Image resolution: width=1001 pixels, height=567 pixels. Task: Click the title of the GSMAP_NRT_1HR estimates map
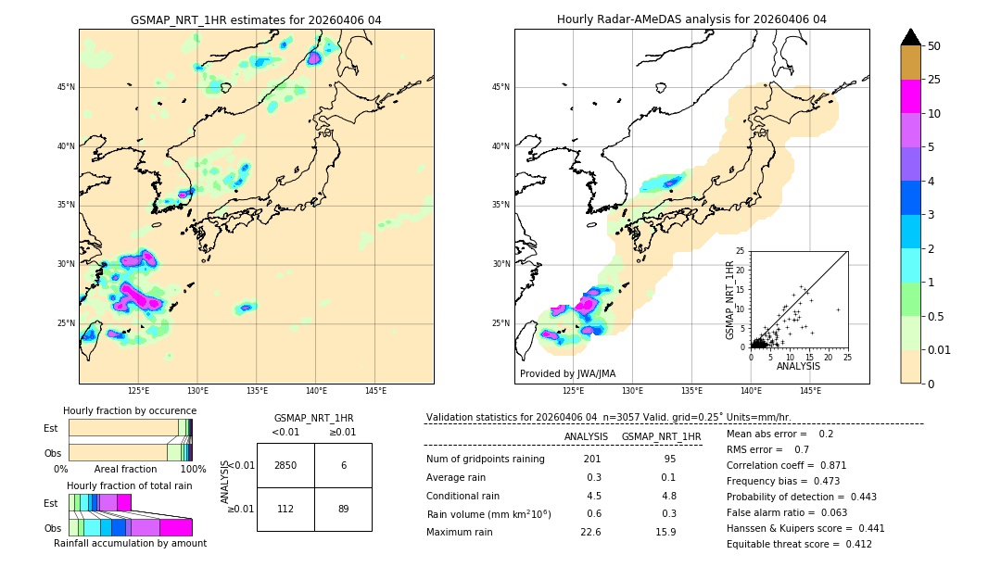coord(256,19)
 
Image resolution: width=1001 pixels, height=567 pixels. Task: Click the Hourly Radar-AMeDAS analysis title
coord(691,19)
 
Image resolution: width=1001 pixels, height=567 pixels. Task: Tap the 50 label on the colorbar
coord(934,46)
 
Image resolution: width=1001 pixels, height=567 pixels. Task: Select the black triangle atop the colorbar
coord(911,37)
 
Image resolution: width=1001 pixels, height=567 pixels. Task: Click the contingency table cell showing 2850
coord(285,465)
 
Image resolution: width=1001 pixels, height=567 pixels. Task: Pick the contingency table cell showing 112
coord(285,508)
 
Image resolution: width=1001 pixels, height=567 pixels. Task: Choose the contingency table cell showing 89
coord(343,508)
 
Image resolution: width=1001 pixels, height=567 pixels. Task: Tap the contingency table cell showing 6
coord(343,465)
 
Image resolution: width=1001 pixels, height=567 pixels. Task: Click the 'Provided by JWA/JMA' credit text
coord(567,373)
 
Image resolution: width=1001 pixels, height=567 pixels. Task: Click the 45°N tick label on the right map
coord(500,88)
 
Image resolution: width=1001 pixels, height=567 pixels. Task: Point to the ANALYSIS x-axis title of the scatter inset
coord(798,366)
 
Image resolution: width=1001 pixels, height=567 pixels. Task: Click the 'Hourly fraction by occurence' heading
coord(130,410)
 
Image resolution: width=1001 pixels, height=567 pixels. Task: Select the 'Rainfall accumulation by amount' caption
coord(130,543)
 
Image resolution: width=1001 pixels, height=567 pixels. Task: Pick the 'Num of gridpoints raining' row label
coord(485,460)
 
